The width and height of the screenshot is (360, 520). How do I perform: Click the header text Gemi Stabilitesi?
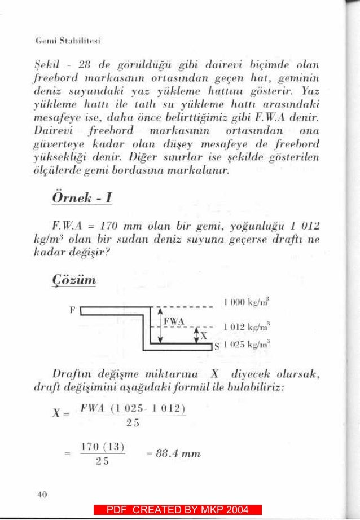[68, 41]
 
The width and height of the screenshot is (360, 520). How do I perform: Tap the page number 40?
[41, 495]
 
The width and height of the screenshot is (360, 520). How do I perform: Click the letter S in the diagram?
[216, 346]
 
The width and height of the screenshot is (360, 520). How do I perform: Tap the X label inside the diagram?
[204, 337]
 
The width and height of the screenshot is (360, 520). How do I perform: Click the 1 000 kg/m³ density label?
[246, 304]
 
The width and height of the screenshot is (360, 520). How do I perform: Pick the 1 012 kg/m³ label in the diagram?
[246, 327]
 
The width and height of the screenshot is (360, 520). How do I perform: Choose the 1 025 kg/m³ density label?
[246, 345]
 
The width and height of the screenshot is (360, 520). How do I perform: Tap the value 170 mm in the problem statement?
[108, 227]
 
